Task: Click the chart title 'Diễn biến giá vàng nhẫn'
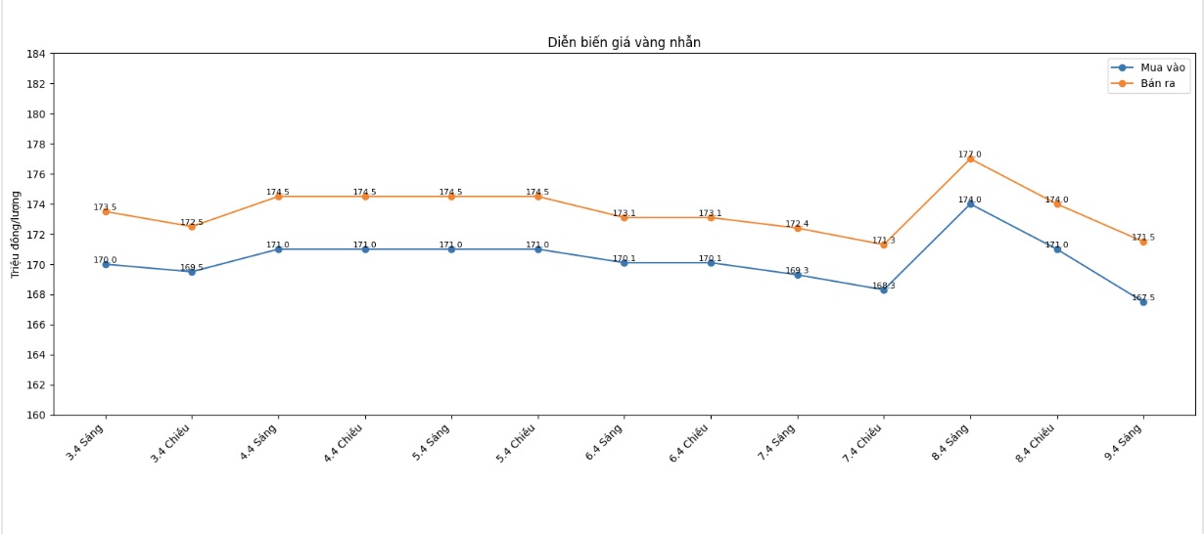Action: click(624, 42)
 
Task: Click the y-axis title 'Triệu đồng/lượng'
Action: click(16, 234)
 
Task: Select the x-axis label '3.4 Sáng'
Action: click(86, 442)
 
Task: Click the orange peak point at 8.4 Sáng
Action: click(970, 158)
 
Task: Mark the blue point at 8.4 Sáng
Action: click(970, 203)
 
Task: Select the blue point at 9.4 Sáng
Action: click(1142, 301)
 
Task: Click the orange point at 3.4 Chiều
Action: click(192, 226)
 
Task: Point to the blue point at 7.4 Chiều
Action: click(884, 289)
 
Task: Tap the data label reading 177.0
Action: click(970, 154)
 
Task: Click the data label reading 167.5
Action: click(1143, 297)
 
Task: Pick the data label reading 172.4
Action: click(797, 224)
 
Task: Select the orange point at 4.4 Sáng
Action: click(278, 197)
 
